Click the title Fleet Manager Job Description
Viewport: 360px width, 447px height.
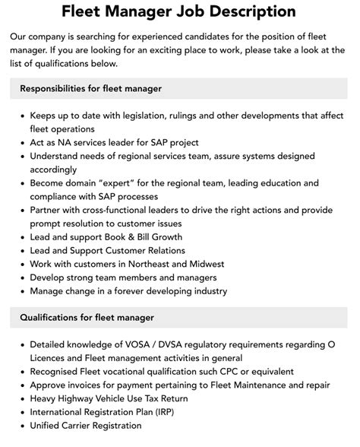click(180, 11)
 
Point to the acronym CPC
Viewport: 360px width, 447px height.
click(235, 372)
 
